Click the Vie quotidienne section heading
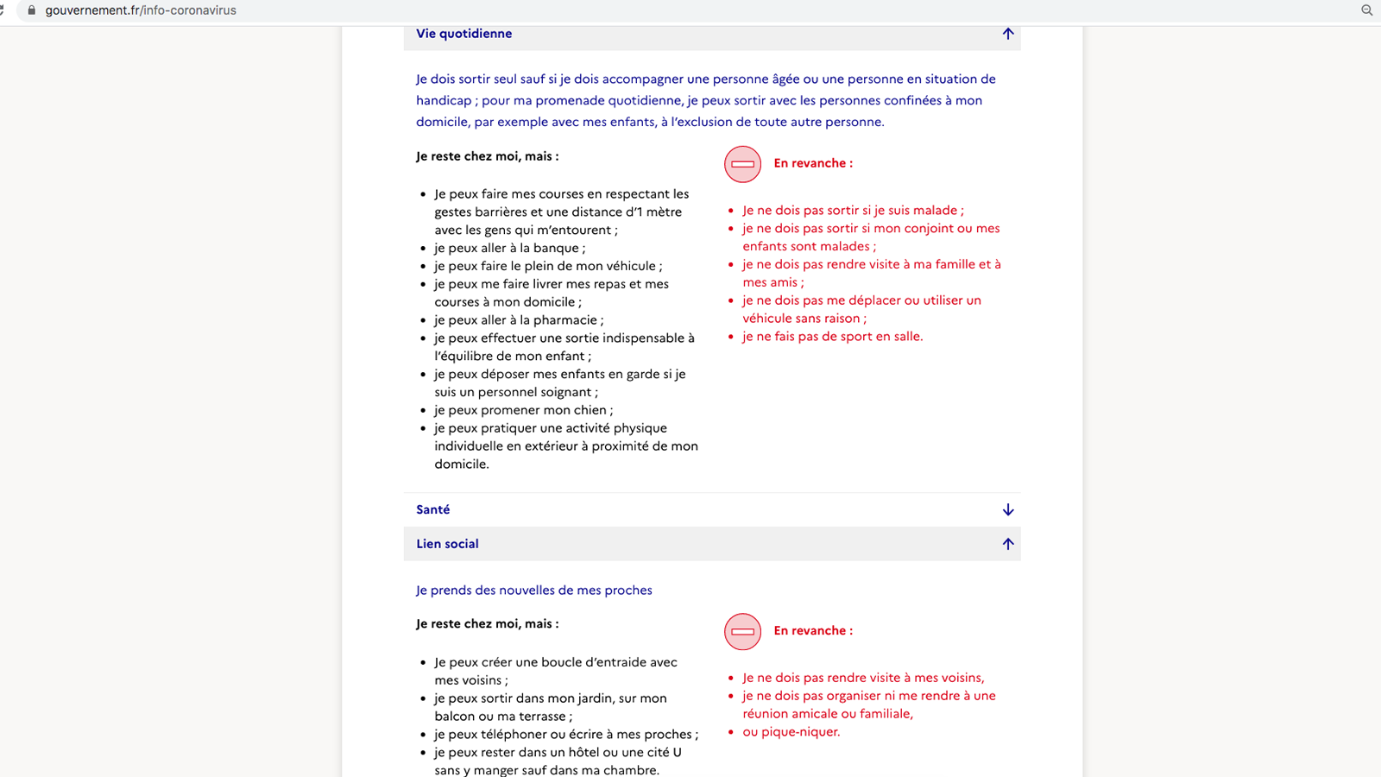point(463,34)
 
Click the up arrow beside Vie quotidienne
point(1007,34)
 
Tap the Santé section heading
point(432,509)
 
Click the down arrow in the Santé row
point(1007,509)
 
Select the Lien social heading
point(447,544)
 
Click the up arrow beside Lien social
point(1007,544)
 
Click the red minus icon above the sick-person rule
point(742,163)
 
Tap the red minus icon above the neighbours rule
point(742,631)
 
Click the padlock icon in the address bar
point(32,10)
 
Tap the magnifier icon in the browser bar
point(1366,10)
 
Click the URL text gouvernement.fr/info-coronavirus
point(141,10)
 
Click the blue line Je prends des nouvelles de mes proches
point(533,591)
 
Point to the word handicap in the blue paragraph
point(443,100)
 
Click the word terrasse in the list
point(541,717)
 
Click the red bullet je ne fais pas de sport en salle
point(832,337)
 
